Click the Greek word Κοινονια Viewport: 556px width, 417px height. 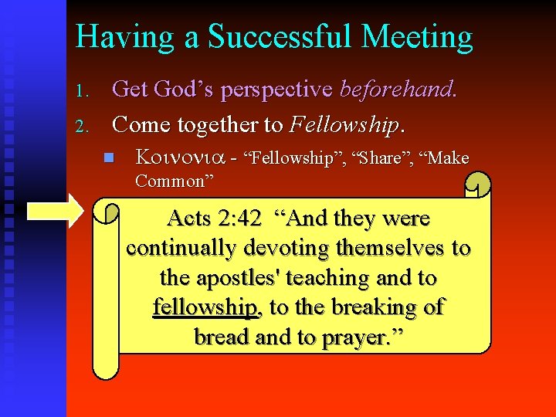click(x=180, y=158)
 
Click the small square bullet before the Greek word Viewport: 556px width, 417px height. click(x=109, y=158)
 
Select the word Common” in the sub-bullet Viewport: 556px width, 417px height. click(x=175, y=181)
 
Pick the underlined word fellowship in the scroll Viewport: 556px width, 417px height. click(x=205, y=307)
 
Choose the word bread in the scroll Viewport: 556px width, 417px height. click(x=222, y=337)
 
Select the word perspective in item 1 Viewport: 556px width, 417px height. click(x=276, y=90)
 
